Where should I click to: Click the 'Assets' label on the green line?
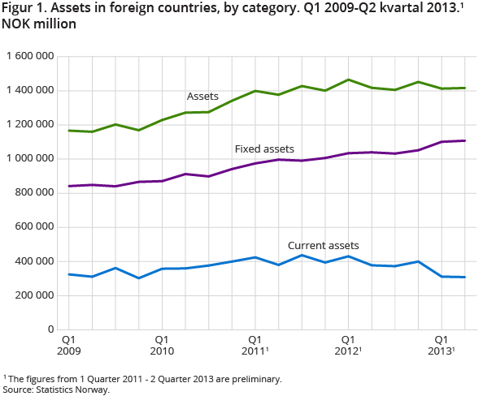click(x=202, y=97)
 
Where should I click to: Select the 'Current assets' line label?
click(x=324, y=245)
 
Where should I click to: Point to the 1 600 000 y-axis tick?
click(x=29, y=56)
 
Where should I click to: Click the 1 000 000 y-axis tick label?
click(x=29, y=158)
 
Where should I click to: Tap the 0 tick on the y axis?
click(x=50, y=329)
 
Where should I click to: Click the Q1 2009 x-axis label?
click(x=69, y=345)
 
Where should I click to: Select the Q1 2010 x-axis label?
click(x=162, y=345)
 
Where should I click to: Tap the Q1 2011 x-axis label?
click(x=255, y=345)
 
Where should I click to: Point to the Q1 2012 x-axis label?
click(x=348, y=345)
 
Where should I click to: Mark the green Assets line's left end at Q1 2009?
click(x=69, y=131)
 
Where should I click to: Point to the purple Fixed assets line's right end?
click(x=464, y=140)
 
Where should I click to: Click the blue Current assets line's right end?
click(x=464, y=277)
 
